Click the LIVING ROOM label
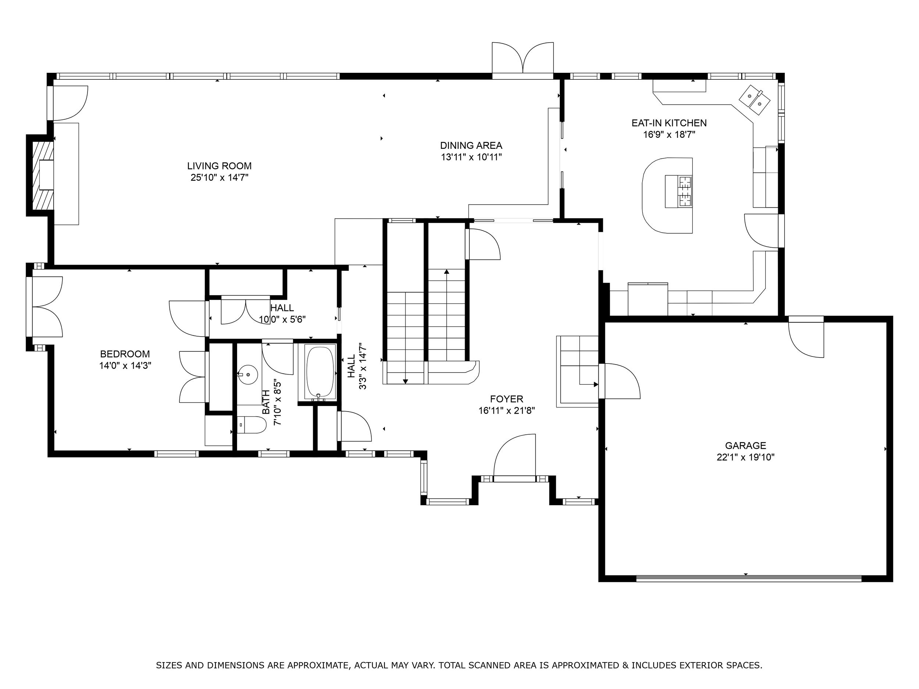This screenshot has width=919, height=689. coord(219,166)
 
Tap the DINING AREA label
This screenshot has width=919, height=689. coord(471,146)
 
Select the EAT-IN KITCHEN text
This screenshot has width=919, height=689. coord(669,123)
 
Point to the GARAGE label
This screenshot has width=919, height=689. coord(745,446)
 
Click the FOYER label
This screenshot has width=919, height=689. coord(507,399)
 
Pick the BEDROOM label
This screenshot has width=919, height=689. coord(125,354)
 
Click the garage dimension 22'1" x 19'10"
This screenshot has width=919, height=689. coord(745,457)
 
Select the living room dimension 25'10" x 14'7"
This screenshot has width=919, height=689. coord(219,177)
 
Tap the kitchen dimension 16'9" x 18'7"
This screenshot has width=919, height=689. coord(669,134)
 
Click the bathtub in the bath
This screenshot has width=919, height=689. coord(320,373)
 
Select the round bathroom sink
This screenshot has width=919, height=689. coord(248,374)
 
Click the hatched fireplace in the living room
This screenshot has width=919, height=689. coord(43,176)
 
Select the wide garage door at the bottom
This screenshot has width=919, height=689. coord(749,578)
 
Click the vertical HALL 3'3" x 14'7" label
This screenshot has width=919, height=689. coord(357,366)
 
